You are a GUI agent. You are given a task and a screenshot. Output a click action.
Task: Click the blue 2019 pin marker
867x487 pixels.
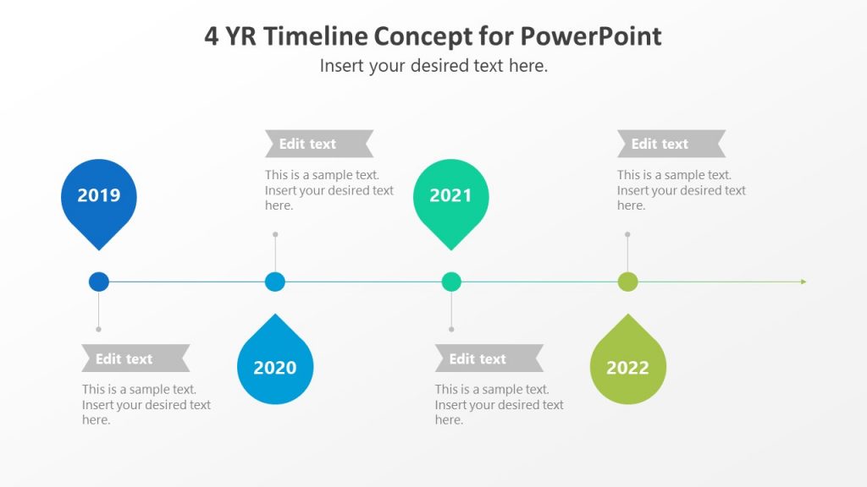[x=99, y=197]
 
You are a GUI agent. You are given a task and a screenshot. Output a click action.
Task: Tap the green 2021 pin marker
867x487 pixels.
[x=450, y=197]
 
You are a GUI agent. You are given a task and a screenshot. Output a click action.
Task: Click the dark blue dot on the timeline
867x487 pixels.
[x=99, y=282]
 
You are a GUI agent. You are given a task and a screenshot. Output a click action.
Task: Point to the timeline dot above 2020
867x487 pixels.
[x=275, y=282]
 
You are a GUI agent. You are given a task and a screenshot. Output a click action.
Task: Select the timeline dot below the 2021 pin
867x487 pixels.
[x=451, y=282]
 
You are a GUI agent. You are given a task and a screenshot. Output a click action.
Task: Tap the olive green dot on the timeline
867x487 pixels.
[x=627, y=282]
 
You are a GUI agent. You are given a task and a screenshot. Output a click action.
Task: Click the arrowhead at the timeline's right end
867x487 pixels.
[x=803, y=282]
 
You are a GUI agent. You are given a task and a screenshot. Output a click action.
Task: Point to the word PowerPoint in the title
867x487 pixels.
[x=590, y=36]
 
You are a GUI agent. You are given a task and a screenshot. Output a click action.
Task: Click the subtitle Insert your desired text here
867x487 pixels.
[x=433, y=66]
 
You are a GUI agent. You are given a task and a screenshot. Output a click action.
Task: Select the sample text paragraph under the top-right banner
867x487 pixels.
[x=681, y=190]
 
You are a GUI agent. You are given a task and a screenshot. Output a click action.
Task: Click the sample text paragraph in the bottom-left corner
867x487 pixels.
[x=146, y=405]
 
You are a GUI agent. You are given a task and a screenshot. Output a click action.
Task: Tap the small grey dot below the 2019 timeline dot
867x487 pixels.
[x=99, y=329]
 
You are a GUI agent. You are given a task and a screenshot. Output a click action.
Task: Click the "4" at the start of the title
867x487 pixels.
[x=211, y=36]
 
